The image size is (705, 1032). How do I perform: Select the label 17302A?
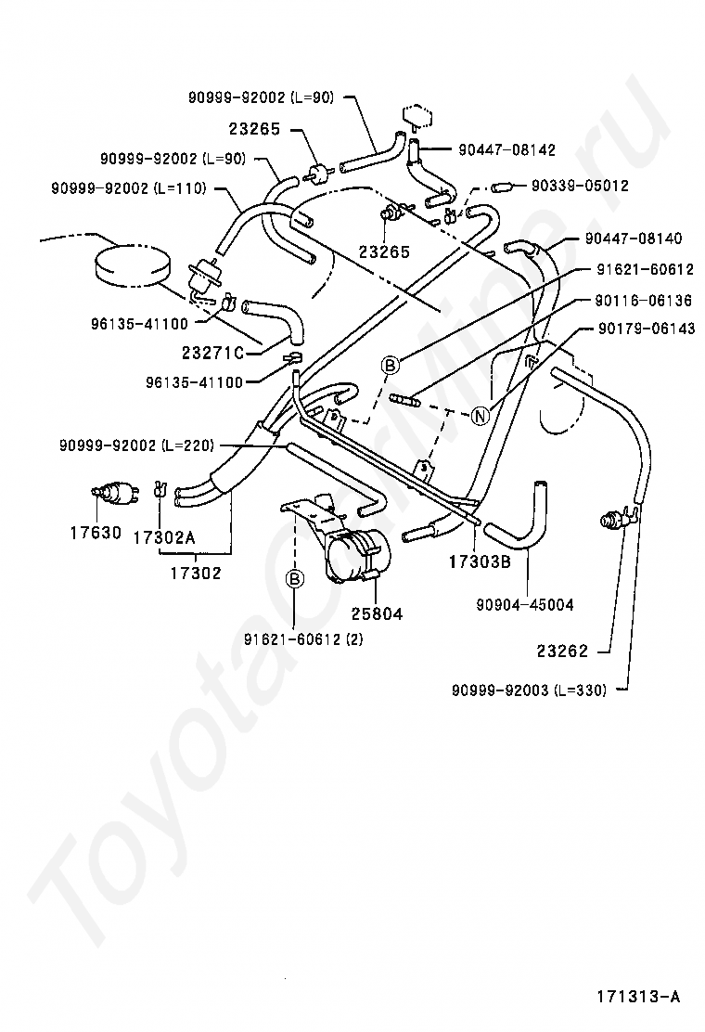[164, 537]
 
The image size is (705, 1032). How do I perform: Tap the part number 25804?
[377, 614]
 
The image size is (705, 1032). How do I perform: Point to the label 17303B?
[481, 561]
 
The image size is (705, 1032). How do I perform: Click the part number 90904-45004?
[525, 604]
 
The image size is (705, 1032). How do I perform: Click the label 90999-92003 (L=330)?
[529, 690]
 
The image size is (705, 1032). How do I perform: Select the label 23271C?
[212, 353]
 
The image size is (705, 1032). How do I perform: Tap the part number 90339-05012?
[580, 186]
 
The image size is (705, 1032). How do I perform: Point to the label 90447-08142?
[506, 148]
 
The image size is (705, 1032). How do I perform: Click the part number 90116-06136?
[644, 301]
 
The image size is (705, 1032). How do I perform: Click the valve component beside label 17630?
[114, 493]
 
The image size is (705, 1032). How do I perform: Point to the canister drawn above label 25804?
[358, 558]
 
